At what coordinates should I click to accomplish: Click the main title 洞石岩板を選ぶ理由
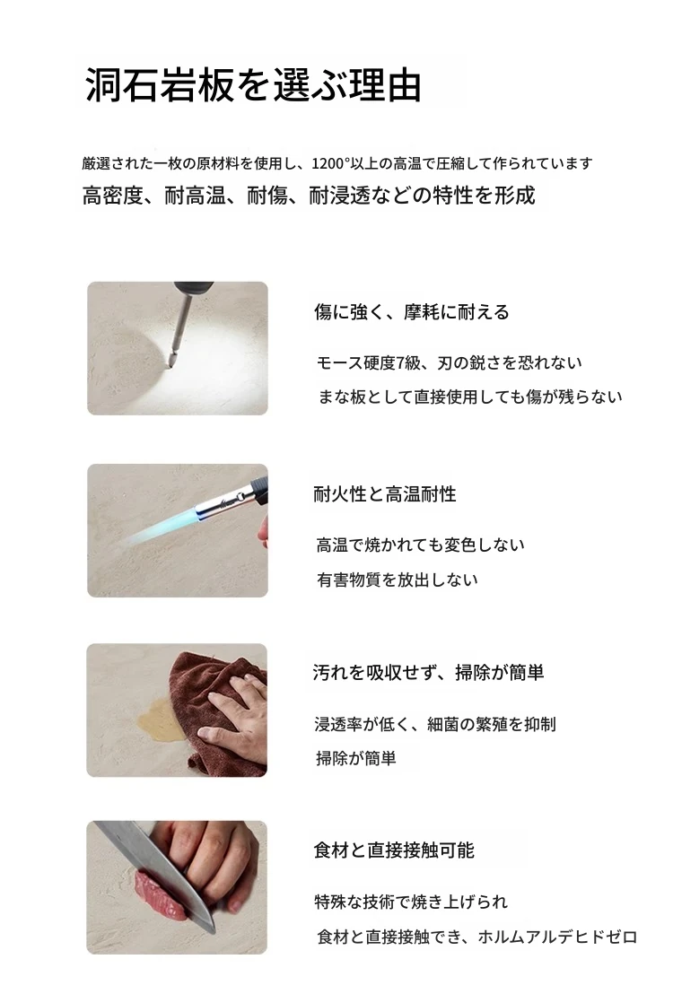(x=253, y=84)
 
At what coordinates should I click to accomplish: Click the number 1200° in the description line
(x=330, y=163)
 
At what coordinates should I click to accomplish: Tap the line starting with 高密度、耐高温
(x=309, y=196)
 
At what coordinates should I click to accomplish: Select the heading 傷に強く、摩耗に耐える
(x=412, y=312)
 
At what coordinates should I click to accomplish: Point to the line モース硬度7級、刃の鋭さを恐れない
(x=449, y=362)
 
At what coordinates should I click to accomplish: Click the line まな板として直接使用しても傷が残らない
(x=470, y=397)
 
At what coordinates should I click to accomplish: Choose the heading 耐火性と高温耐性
(x=385, y=493)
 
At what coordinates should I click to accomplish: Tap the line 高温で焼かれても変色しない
(x=421, y=545)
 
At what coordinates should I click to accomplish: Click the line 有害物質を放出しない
(x=398, y=580)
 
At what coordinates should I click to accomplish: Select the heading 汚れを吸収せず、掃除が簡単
(x=428, y=672)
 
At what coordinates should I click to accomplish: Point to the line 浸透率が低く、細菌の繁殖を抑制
(x=435, y=724)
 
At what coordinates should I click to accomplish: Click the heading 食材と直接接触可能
(x=394, y=850)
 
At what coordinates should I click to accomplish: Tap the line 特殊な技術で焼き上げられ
(x=411, y=902)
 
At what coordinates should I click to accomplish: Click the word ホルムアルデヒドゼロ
(x=557, y=937)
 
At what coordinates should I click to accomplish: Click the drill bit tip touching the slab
(x=170, y=362)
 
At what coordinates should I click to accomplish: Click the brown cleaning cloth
(x=215, y=710)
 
